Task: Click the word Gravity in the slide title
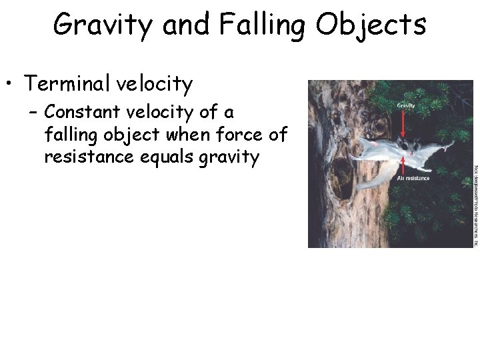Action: click(103, 25)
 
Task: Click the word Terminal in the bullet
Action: click(67, 84)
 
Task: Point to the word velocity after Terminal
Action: click(154, 84)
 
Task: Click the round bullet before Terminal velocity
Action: click(9, 85)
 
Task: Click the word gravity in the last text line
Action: click(225, 158)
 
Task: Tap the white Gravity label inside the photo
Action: click(406, 105)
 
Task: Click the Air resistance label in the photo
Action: click(413, 179)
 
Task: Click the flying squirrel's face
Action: click(407, 146)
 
